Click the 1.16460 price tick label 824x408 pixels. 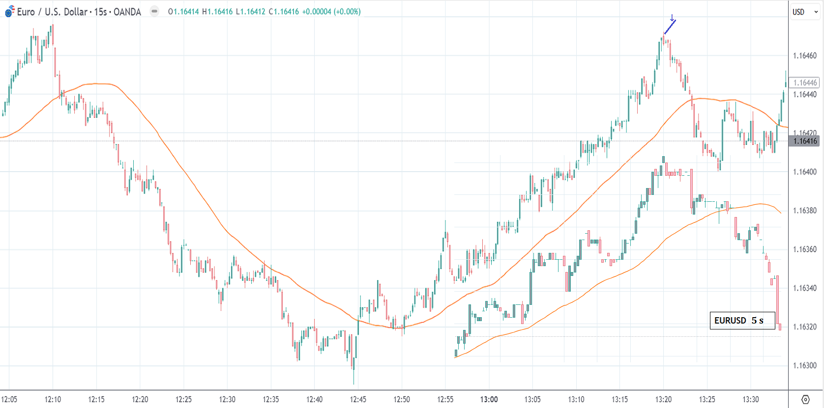(x=805, y=55)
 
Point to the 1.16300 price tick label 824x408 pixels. (x=805, y=365)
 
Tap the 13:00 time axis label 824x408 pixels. (x=489, y=399)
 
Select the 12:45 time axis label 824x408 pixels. (x=358, y=399)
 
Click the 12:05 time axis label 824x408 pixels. (x=9, y=399)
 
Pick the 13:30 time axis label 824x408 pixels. (x=750, y=399)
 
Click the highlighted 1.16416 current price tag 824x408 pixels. (x=805, y=141)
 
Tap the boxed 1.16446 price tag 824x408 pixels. (x=805, y=82)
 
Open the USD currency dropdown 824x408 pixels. (x=805, y=12)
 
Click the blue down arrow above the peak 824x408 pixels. (x=672, y=18)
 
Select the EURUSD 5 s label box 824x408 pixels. (x=742, y=321)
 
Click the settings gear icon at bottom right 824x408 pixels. (x=805, y=399)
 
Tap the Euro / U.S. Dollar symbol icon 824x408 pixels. (x=9, y=12)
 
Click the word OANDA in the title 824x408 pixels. (x=127, y=12)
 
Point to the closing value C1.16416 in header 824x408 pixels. (x=284, y=12)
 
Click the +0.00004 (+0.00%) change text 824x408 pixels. (x=331, y=12)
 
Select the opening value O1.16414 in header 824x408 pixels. (x=183, y=12)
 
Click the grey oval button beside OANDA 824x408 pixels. (x=154, y=11)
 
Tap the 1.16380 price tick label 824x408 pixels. (x=805, y=211)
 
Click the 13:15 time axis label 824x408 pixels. (x=619, y=399)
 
